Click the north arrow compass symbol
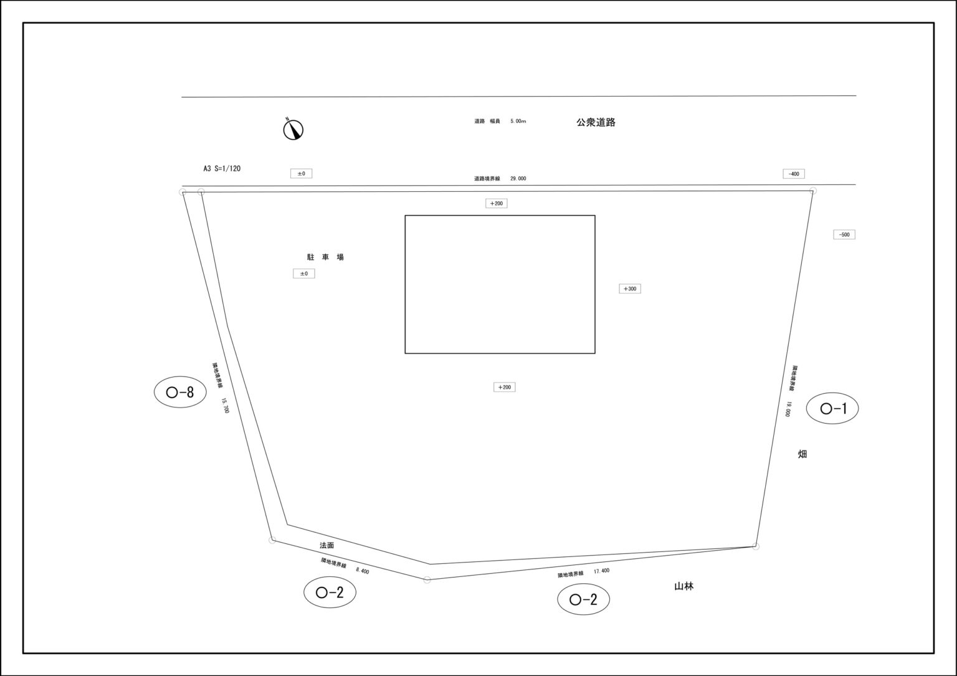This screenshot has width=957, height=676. click(293, 129)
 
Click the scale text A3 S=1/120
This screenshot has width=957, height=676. click(222, 168)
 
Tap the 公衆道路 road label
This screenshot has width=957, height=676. click(596, 123)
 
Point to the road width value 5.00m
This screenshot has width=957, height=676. click(518, 121)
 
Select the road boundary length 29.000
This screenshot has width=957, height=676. click(518, 179)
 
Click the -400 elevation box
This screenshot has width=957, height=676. click(793, 174)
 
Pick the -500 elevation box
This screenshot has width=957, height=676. click(844, 235)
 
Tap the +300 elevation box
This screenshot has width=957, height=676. click(629, 289)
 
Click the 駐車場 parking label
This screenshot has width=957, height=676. click(325, 257)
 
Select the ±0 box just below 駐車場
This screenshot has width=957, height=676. click(304, 274)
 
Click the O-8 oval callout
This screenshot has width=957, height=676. click(180, 392)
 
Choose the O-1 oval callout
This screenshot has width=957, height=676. click(832, 409)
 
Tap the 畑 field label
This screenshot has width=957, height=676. click(802, 454)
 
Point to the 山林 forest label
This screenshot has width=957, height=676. click(683, 586)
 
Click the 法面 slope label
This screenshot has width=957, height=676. click(326, 545)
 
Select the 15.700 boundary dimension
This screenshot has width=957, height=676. click(225, 406)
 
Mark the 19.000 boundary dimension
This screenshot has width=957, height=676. click(788, 409)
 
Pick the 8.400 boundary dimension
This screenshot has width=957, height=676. click(362, 570)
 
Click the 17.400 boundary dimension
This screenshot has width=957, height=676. click(601, 571)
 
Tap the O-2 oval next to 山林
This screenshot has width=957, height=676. click(583, 599)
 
